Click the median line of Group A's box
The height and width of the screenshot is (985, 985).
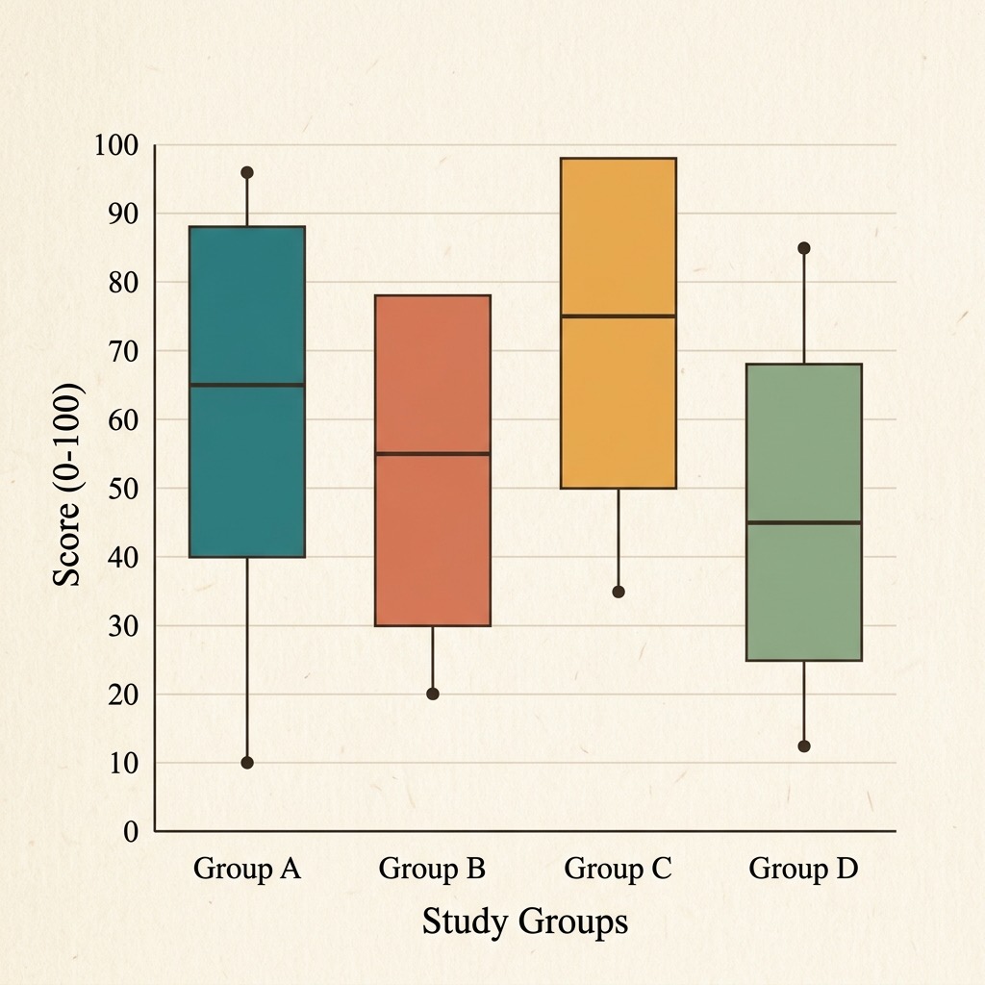point(247,385)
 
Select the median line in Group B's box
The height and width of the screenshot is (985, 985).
point(433,453)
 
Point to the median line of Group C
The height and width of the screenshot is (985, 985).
point(619,316)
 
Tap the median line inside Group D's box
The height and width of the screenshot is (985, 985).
point(804,522)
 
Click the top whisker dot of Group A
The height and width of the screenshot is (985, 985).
point(247,173)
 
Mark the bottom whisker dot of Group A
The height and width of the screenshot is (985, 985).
point(247,763)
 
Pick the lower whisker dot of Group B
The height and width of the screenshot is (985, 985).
point(433,694)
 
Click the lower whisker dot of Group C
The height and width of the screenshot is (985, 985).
point(619,592)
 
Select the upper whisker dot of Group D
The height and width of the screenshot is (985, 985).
point(804,248)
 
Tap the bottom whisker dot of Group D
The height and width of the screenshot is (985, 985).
point(804,746)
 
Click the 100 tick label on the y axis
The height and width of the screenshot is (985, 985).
point(115,145)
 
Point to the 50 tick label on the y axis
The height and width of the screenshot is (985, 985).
point(123,488)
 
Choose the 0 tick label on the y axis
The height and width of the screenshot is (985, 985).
point(131,832)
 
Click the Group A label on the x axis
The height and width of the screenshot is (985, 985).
point(247,869)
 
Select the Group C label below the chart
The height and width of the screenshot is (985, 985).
point(619,869)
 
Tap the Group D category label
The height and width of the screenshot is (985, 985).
point(803,869)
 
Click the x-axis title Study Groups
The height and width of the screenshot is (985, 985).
point(525,922)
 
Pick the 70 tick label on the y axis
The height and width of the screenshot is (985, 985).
point(123,351)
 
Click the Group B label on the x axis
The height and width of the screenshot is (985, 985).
point(432,869)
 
